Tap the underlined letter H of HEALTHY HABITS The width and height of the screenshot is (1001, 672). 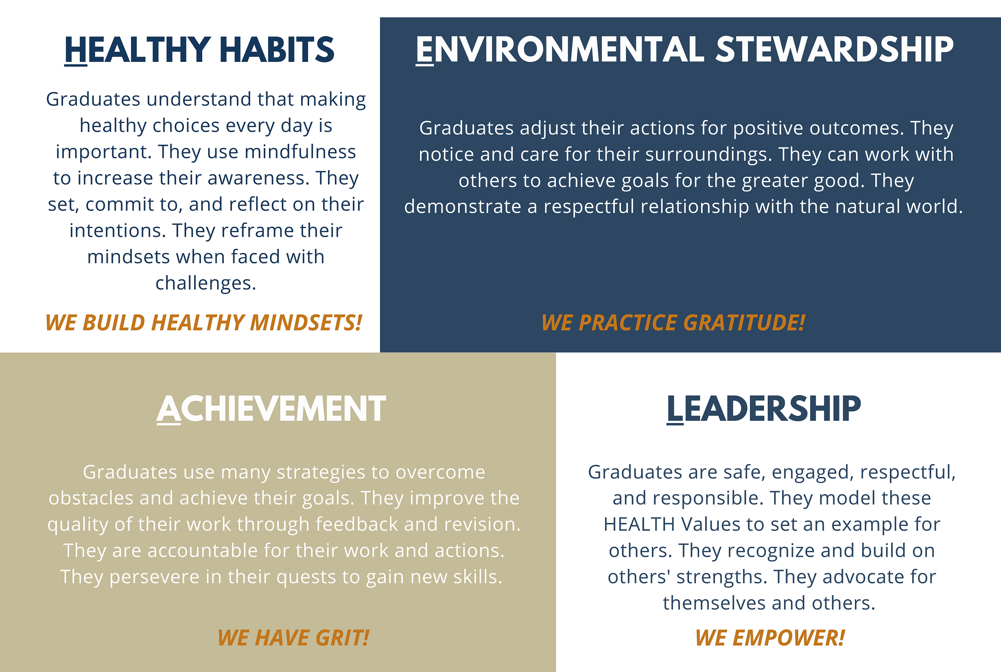tap(76, 50)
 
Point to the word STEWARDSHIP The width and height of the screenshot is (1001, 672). tap(835, 50)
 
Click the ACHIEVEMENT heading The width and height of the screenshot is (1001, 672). tap(271, 409)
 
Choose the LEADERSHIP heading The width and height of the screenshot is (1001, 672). tap(764, 409)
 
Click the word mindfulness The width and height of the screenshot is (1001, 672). tap(300, 152)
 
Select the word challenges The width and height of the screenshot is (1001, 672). tap(206, 283)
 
